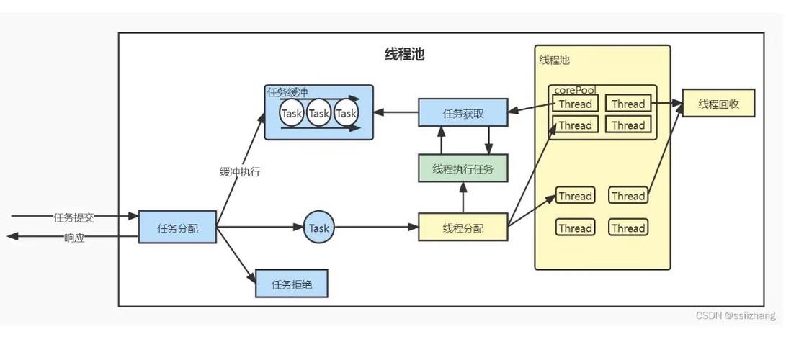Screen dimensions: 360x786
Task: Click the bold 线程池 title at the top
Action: (404, 55)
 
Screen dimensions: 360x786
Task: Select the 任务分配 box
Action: (177, 228)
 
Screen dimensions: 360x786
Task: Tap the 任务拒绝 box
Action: (292, 284)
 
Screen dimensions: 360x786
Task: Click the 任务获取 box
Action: (463, 113)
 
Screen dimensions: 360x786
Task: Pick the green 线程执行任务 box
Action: (463, 169)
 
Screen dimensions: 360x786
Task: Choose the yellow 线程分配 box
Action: (463, 228)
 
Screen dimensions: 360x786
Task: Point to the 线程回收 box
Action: (718, 104)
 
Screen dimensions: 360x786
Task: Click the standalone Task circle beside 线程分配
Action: (318, 228)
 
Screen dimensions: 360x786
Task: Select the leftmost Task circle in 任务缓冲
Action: (292, 114)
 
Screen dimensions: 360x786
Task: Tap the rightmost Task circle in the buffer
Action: (347, 114)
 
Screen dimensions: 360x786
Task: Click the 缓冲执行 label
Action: (240, 172)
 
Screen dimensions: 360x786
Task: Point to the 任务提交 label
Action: (74, 217)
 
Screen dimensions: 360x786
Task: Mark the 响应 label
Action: (74, 238)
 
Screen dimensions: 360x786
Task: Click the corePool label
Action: (574, 91)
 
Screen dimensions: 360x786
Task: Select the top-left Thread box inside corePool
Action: (575, 104)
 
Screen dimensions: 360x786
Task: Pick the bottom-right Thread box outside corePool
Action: (628, 228)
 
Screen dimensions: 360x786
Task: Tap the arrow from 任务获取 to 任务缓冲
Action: (396, 112)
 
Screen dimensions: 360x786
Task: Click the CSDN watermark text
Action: (736, 315)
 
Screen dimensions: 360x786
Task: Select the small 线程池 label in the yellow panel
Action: (554, 60)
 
